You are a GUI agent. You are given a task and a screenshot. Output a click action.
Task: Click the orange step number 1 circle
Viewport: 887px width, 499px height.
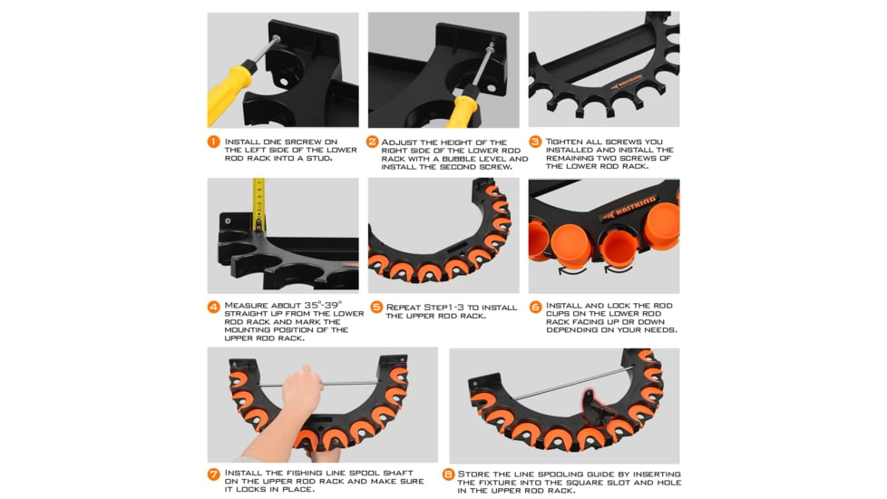point(214,142)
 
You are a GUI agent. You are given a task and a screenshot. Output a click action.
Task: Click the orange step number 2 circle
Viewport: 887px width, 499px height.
point(373,142)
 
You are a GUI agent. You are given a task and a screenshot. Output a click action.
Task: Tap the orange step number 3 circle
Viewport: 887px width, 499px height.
point(535,142)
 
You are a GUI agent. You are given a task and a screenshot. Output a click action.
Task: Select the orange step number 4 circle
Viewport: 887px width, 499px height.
point(214,307)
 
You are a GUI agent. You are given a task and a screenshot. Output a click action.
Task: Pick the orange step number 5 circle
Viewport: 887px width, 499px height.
point(375,307)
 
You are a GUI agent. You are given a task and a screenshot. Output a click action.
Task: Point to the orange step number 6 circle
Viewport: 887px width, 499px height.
point(535,307)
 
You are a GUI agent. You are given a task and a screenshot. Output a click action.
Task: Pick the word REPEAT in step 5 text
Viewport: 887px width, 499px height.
point(405,307)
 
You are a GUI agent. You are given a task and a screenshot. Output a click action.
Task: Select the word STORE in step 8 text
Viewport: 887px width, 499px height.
point(475,474)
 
